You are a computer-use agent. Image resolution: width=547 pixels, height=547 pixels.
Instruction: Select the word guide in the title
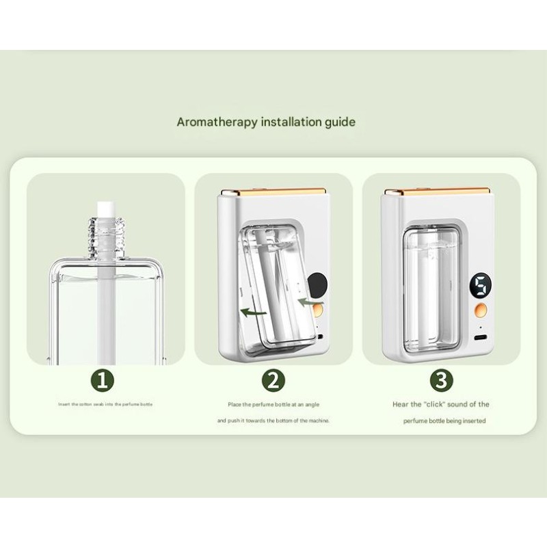(339, 122)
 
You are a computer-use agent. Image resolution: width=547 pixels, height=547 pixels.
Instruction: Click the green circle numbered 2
(273, 379)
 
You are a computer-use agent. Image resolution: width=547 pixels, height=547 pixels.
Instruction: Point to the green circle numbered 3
(441, 379)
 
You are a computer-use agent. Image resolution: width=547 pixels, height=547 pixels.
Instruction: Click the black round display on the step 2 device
(318, 282)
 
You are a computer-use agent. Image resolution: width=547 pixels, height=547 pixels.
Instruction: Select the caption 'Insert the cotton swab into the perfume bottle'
(105, 404)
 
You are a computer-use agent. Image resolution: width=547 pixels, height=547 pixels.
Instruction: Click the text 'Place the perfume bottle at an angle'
(273, 404)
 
